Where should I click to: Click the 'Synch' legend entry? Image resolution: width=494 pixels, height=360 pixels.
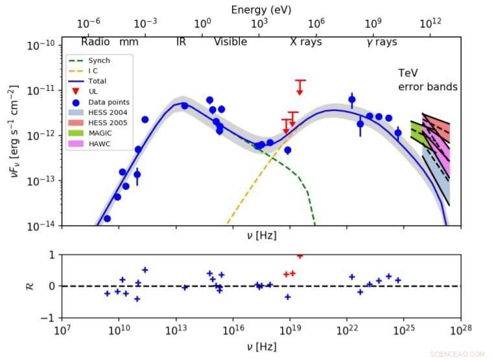click(99, 60)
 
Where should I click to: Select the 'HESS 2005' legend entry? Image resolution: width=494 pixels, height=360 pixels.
click(104, 123)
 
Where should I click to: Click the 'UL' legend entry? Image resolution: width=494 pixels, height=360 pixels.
click(93, 91)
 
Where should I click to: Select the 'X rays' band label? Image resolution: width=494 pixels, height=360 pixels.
click(306, 42)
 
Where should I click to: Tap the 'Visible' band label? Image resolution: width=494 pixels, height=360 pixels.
click(230, 42)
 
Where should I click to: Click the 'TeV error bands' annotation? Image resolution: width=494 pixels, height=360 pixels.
click(427, 80)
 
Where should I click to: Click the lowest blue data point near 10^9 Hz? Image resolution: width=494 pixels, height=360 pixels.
click(107, 219)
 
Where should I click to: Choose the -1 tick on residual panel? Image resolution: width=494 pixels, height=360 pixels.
click(49, 318)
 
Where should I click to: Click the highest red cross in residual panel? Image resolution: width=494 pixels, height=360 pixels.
click(300, 256)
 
